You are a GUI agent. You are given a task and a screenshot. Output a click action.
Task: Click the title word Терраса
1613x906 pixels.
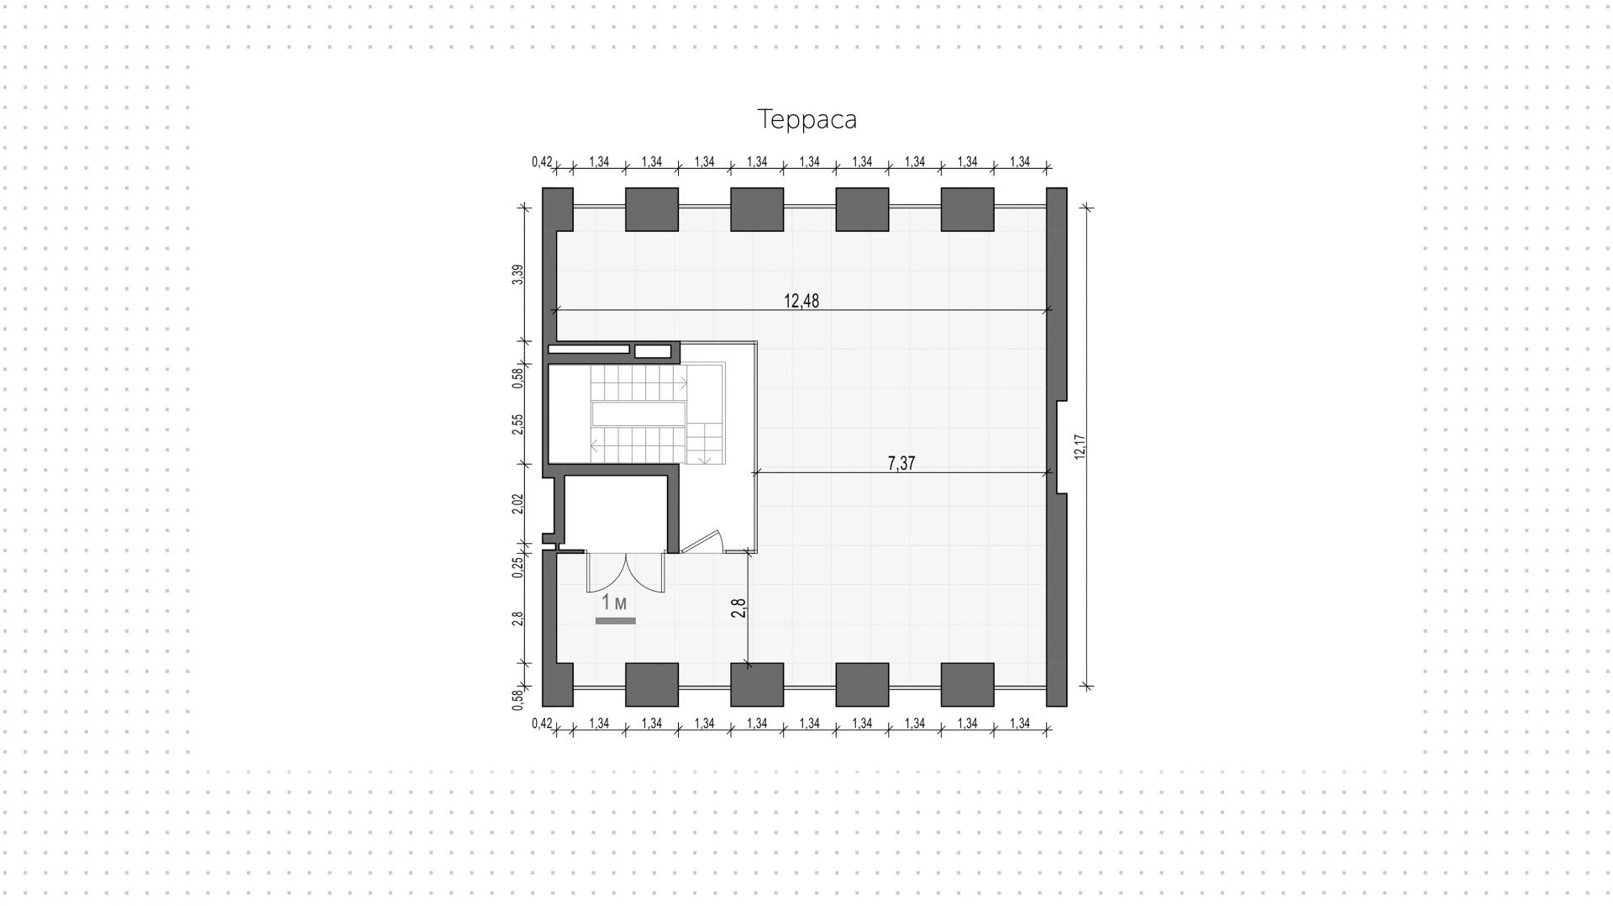(807, 119)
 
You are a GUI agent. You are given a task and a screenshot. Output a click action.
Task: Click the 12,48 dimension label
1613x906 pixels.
(801, 301)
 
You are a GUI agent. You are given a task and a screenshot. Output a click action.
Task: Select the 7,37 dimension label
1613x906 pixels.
(901, 463)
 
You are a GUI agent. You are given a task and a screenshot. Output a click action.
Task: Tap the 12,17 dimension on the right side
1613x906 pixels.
(1080, 446)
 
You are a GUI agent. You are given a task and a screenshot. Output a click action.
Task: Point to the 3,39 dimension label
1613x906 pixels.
(518, 275)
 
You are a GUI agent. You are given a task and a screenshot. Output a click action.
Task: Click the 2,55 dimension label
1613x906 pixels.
(518, 424)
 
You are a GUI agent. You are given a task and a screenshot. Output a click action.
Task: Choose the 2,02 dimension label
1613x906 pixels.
(518, 503)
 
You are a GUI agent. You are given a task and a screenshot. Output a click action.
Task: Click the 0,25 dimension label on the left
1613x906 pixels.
(518, 567)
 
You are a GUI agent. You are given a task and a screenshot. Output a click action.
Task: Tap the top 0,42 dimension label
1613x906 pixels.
(542, 161)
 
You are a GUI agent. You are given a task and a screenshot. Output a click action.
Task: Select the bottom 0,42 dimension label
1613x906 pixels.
(542, 723)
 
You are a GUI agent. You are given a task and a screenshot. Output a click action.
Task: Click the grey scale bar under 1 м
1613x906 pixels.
(615, 621)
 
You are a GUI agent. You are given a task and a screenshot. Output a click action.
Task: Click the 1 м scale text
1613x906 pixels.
(614, 603)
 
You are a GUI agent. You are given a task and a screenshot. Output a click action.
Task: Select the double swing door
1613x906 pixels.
(625, 573)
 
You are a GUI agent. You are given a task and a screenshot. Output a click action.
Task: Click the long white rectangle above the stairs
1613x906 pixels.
(588, 349)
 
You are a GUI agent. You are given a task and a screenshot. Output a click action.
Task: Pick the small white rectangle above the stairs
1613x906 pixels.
(652, 351)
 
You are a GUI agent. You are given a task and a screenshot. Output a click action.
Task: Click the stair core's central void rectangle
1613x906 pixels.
(638, 413)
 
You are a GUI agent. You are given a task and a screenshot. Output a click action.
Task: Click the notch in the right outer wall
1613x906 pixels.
(1061, 446)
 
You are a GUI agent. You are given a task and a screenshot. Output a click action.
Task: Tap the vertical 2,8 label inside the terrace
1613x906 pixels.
(738, 608)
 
